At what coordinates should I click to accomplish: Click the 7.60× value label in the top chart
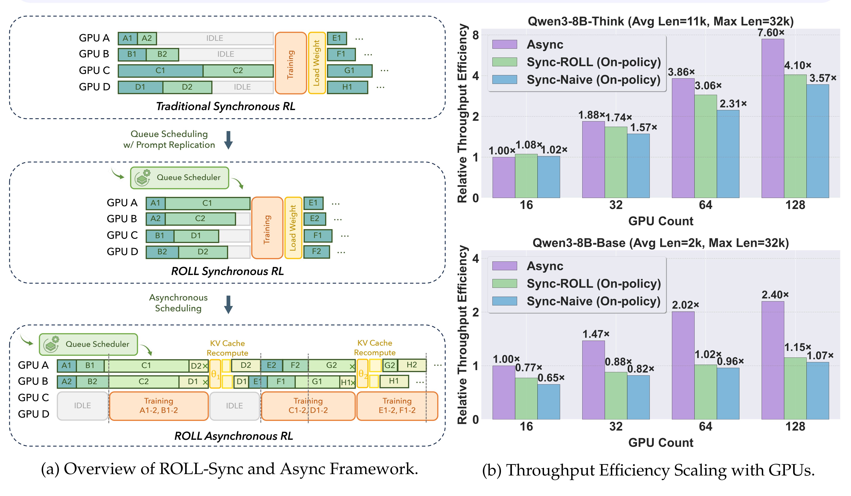pyautogui.click(x=770, y=33)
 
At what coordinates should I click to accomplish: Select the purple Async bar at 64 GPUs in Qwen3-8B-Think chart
pyautogui.click(x=683, y=138)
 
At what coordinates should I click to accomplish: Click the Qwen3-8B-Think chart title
pyautogui.click(x=660, y=21)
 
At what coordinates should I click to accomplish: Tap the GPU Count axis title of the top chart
pyautogui.click(x=660, y=221)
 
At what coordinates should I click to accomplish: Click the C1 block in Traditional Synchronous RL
pyautogui.click(x=160, y=70)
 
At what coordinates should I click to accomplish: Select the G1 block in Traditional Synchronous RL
pyautogui.click(x=349, y=70)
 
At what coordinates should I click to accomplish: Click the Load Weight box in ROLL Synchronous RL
pyautogui.click(x=293, y=228)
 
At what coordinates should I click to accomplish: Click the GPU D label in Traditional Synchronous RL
pyautogui.click(x=95, y=87)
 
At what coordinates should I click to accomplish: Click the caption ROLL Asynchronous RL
pyautogui.click(x=234, y=436)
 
